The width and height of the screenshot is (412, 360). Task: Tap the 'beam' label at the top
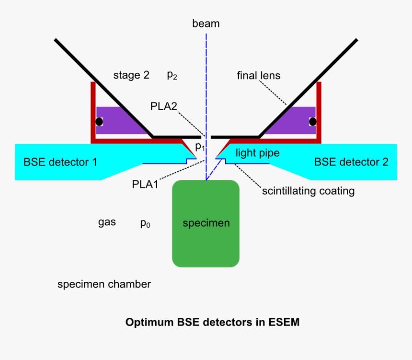click(206, 23)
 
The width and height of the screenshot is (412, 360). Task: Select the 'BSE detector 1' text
click(60, 162)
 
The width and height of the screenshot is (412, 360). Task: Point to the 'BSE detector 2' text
click(351, 162)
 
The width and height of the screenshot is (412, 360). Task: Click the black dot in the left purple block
click(99, 122)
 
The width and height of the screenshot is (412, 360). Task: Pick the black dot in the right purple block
click(313, 122)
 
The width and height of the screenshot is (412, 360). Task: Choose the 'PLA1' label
click(145, 184)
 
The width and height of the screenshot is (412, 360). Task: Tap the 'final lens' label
click(258, 76)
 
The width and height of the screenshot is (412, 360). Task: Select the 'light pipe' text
click(257, 153)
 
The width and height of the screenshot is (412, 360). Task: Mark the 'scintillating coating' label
click(308, 191)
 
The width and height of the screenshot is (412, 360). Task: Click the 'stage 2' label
click(131, 75)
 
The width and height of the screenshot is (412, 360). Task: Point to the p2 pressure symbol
click(172, 76)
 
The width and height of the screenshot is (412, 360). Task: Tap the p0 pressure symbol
click(145, 224)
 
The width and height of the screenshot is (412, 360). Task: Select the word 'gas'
click(107, 223)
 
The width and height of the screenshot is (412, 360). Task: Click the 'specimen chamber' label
click(104, 284)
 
